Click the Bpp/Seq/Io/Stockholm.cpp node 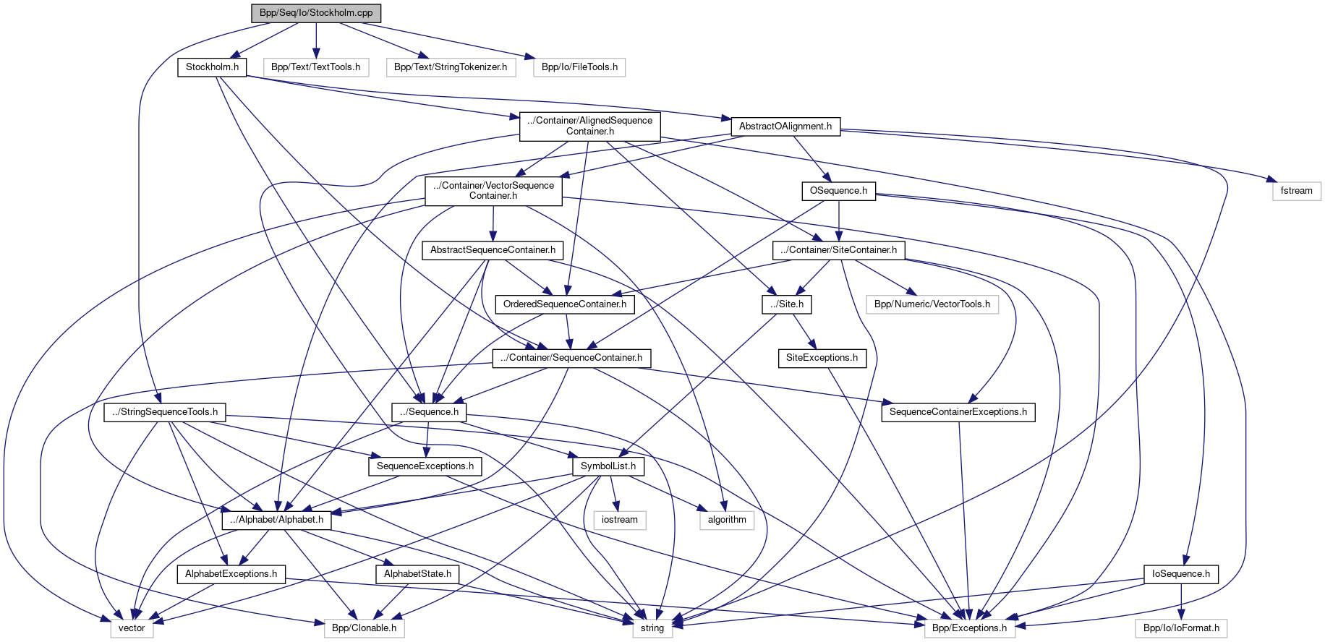tap(316, 13)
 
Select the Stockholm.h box tap(212, 67)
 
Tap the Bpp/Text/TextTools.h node tap(315, 67)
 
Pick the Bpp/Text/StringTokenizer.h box tap(451, 67)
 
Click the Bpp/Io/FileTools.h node tap(579, 67)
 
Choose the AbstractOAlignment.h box tap(785, 127)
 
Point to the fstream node tap(1296, 191)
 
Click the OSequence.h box tap(838, 191)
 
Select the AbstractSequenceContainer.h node tap(493, 250)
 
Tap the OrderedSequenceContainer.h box tap(565, 304)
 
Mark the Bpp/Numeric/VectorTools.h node tap(932, 304)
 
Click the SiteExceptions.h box tap(822, 358)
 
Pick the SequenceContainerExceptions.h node tap(958, 412)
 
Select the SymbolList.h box tap(608, 466)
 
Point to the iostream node tap(620, 520)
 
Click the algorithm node tap(727, 520)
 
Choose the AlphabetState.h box tap(417, 574)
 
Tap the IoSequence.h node tap(1181, 574)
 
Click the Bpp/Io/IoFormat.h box tap(1181, 628)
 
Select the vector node tap(132, 628)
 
